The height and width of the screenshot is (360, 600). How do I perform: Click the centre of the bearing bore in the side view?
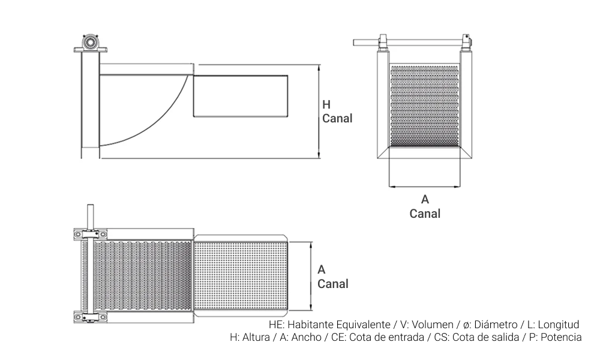tap(91, 41)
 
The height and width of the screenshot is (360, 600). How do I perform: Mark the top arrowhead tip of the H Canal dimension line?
tap(319, 65)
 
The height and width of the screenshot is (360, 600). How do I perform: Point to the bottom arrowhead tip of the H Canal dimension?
tap(319, 158)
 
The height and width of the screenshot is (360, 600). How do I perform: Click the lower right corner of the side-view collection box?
tap(288, 116)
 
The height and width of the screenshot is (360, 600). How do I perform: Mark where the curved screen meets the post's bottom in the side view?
tap(100, 146)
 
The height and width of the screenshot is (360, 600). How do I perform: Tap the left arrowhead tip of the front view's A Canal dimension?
tap(389, 187)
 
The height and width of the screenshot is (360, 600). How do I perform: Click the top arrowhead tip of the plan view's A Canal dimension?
tap(311, 242)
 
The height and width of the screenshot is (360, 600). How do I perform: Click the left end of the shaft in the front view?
tap(353, 42)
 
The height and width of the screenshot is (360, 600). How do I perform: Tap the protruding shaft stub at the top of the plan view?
tap(91, 217)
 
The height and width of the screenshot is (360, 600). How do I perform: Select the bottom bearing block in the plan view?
tap(91, 317)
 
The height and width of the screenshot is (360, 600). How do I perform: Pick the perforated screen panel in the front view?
tap(425, 106)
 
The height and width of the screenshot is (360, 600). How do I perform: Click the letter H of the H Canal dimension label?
tap(326, 104)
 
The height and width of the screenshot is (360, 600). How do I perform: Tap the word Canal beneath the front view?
tap(425, 214)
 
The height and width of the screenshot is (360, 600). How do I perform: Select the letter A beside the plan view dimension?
tap(322, 270)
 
